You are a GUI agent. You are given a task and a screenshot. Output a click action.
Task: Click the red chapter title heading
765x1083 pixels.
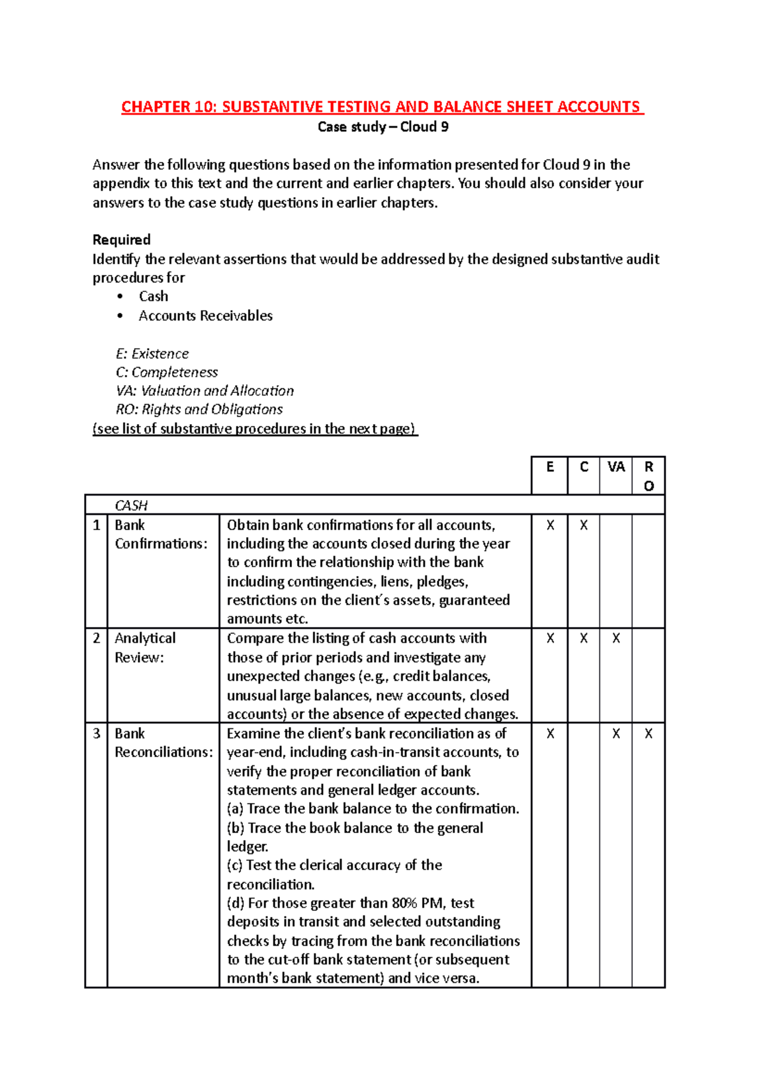382,107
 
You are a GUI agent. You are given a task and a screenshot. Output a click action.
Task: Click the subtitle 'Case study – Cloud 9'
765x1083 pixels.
382,127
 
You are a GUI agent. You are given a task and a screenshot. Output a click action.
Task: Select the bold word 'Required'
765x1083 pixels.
121,240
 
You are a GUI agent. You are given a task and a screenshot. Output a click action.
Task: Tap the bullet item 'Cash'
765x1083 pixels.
154,297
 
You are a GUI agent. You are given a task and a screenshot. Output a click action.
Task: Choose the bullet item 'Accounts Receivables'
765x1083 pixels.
205,316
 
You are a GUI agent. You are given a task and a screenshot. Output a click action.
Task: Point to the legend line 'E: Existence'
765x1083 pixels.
152,354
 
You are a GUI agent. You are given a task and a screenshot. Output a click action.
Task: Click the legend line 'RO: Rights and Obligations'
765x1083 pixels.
199,409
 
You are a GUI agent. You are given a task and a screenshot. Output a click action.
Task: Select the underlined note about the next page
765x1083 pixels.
255,429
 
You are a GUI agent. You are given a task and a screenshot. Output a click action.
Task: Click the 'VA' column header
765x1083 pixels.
616,468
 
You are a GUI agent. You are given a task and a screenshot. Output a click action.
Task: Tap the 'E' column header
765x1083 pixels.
550,468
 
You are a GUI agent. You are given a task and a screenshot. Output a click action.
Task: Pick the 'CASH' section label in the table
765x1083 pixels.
131,506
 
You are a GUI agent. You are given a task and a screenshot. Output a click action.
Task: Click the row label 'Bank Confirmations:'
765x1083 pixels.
161,534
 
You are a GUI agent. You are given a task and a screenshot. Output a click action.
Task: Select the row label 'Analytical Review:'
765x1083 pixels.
145,647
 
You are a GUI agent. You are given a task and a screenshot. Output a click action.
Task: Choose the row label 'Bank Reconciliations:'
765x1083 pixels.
163,743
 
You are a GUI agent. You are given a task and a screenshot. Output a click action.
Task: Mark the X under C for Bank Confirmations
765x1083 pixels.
583,526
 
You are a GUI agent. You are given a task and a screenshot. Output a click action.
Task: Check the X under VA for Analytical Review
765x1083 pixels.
616,638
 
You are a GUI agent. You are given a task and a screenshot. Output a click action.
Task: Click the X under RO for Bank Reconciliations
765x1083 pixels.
648,734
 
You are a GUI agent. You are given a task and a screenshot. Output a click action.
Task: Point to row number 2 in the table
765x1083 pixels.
96,638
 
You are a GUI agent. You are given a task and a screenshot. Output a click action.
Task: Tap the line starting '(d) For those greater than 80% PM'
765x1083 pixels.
351,903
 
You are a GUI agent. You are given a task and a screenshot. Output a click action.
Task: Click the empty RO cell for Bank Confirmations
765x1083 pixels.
648,571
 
